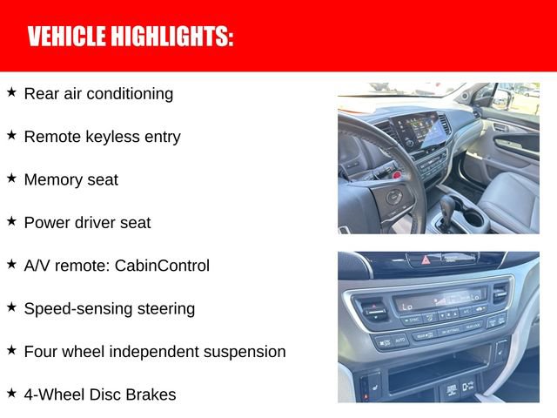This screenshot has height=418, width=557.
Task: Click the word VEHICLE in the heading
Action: (x=65, y=37)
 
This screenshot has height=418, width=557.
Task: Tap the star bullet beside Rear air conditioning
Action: (x=11, y=91)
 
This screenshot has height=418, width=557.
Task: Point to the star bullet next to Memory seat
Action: (x=11, y=178)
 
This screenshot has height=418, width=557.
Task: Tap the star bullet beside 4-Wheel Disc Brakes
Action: (x=11, y=393)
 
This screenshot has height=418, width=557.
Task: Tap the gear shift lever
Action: (x=447, y=209)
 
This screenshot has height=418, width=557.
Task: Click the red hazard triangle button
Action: (x=426, y=260)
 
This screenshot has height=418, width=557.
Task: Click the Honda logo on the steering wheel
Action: (x=394, y=197)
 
